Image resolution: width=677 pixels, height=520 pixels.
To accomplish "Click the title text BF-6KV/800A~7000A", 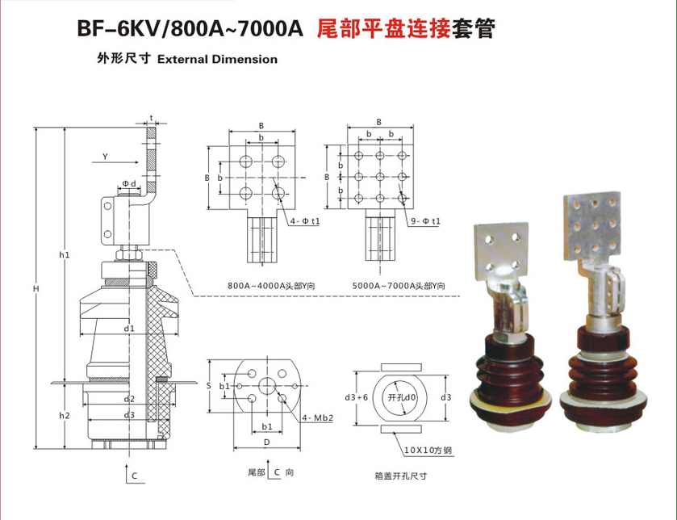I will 189,30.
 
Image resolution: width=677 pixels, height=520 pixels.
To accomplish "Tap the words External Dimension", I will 217,59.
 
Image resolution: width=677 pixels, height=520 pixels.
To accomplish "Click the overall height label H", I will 35,287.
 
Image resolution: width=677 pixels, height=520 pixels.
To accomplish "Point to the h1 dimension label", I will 65,255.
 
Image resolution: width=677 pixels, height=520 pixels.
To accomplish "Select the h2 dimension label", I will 65,416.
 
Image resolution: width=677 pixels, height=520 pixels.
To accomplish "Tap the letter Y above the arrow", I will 106,155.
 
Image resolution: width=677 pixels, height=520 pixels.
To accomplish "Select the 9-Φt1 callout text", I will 424,220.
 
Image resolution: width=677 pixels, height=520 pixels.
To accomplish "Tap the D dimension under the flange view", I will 265,443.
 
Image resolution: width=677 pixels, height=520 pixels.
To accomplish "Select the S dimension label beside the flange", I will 208,387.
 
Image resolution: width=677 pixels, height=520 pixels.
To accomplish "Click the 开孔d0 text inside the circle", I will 401,397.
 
